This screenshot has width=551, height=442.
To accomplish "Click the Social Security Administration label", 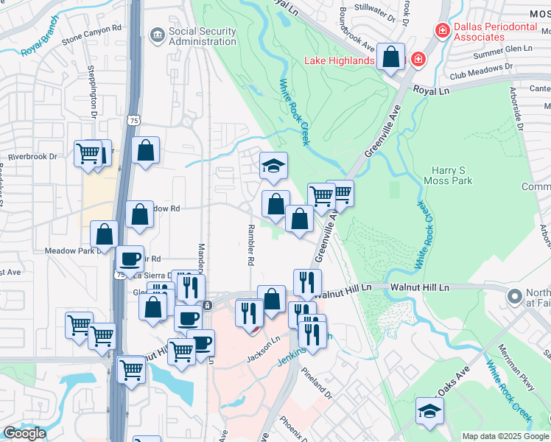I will [203, 36].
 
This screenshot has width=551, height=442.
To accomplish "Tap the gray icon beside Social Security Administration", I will [156, 35].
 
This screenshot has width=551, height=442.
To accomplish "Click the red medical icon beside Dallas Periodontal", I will [443, 30].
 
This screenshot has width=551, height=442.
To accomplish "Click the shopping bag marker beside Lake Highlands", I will [390, 57].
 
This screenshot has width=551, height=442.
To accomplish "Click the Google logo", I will [24, 433].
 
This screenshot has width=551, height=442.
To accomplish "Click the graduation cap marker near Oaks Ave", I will [429, 411].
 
